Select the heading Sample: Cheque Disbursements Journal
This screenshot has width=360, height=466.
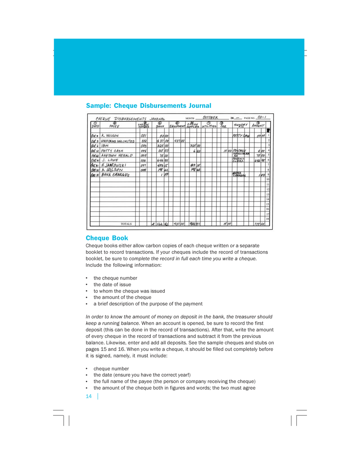(148, 105)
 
